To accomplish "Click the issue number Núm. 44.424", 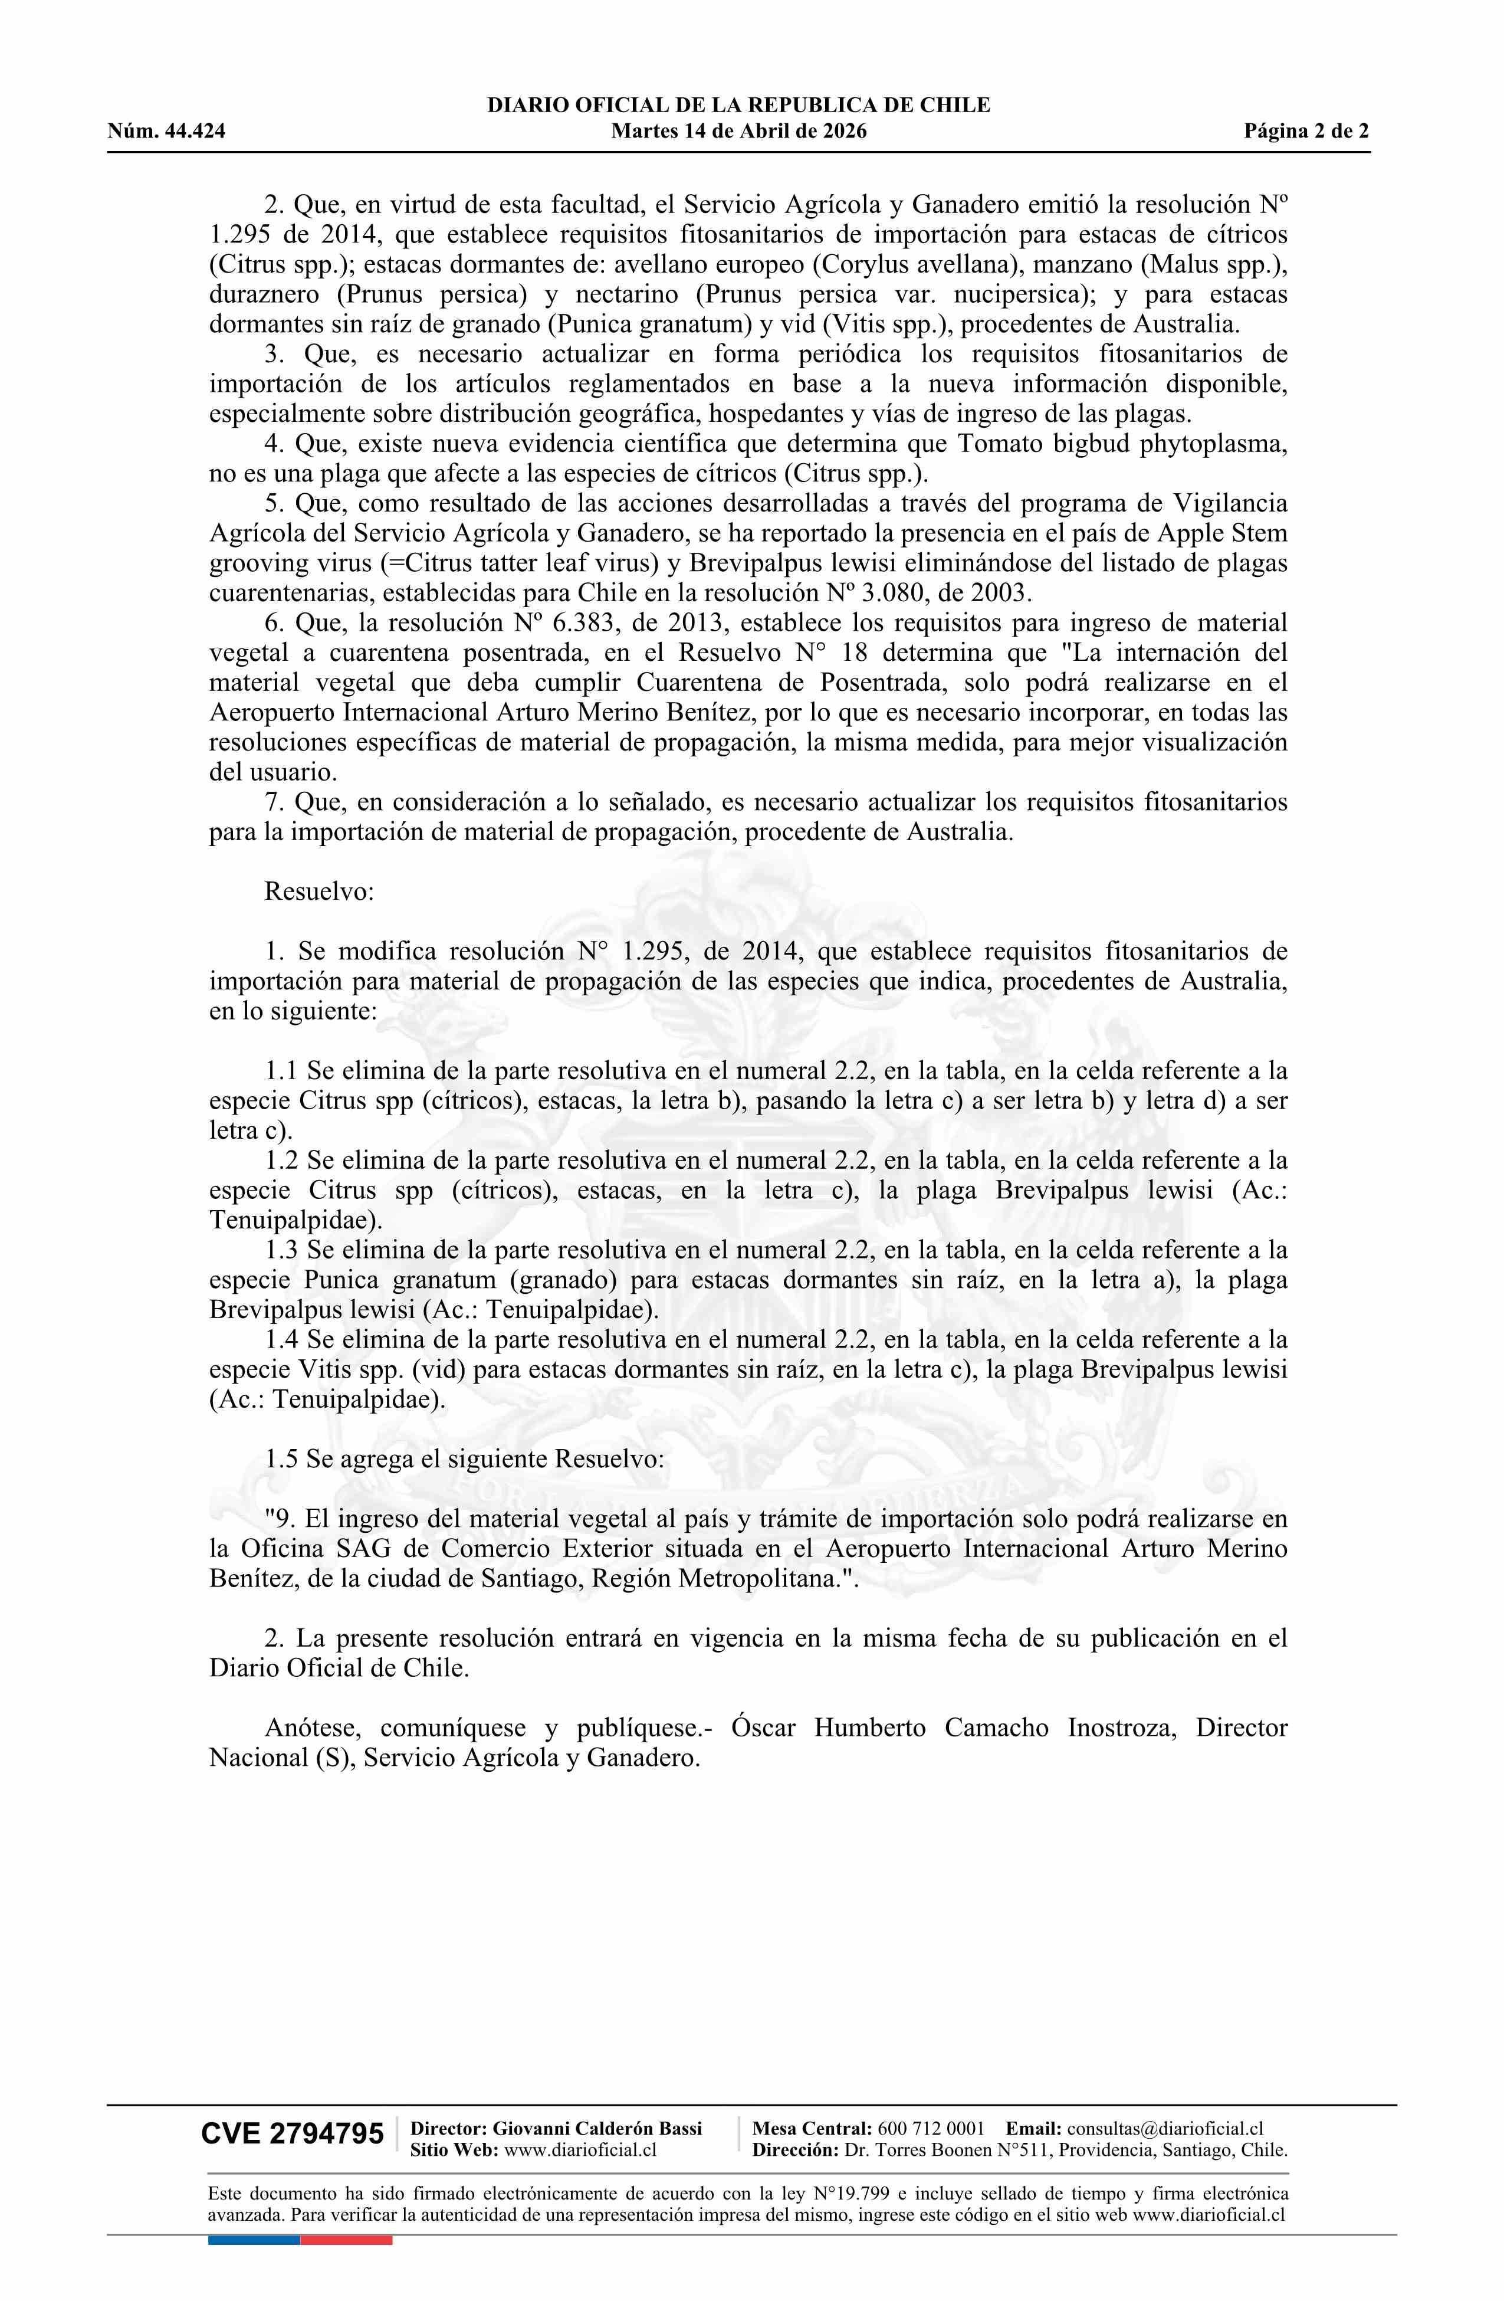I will click(x=166, y=132).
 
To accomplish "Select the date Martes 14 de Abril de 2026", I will click(x=738, y=132).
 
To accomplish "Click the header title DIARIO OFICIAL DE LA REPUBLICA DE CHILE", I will click(x=738, y=106).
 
